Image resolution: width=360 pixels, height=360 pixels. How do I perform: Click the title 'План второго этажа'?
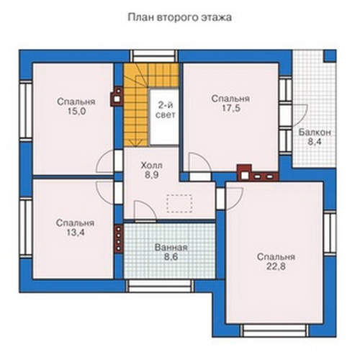tap(180, 17)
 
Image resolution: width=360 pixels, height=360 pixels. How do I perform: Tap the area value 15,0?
tap(76, 112)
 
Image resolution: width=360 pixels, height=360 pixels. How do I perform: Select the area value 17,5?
tap(230, 109)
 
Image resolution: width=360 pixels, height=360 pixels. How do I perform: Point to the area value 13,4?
tap(76, 233)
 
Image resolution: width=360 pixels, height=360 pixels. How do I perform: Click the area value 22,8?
tap(276, 266)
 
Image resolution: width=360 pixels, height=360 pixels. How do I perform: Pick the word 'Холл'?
tap(151, 166)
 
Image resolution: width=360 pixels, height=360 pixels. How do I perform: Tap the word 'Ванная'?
tap(171, 248)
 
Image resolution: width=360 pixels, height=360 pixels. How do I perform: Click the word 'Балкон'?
tap(315, 132)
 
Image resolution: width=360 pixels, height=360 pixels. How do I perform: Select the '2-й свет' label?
tap(165, 110)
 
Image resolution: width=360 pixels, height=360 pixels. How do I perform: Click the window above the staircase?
tap(154, 56)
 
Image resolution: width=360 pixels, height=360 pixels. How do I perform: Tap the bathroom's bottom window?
tap(160, 286)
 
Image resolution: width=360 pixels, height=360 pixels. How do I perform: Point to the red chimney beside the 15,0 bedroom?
tap(117, 96)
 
